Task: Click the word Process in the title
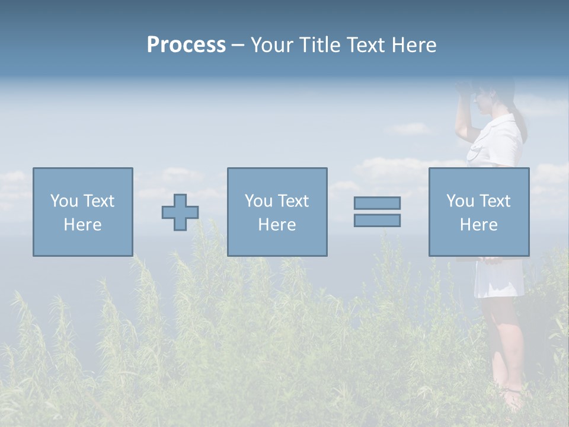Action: coord(186,45)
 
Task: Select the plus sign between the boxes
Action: coord(180,212)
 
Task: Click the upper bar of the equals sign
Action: coord(377,203)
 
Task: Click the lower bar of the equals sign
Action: coord(377,220)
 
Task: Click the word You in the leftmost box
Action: coord(63,201)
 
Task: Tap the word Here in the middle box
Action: coord(277,225)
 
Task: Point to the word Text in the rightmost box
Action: coord(494,201)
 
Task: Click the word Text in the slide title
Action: coord(363,45)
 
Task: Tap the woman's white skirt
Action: coord(498,279)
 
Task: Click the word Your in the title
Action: coord(273,45)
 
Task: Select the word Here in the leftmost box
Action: coord(83,225)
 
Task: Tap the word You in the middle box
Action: coord(258,201)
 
